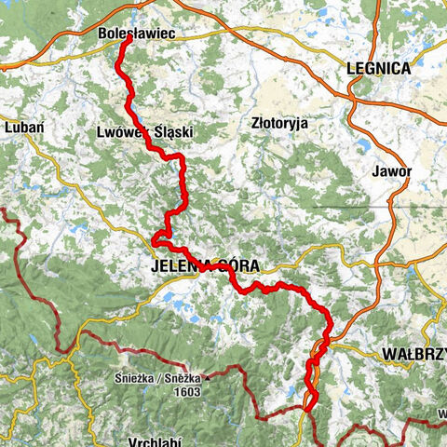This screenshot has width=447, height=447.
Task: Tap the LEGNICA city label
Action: pos(377,69)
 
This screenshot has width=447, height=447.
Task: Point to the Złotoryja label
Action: pos(279,122)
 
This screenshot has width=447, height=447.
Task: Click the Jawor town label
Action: pos(390,171)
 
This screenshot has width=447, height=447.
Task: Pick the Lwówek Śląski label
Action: pos(144,133)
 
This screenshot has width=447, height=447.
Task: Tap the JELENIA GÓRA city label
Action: pos(203,265)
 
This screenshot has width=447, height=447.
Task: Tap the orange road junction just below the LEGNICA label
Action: pos(355,90)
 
